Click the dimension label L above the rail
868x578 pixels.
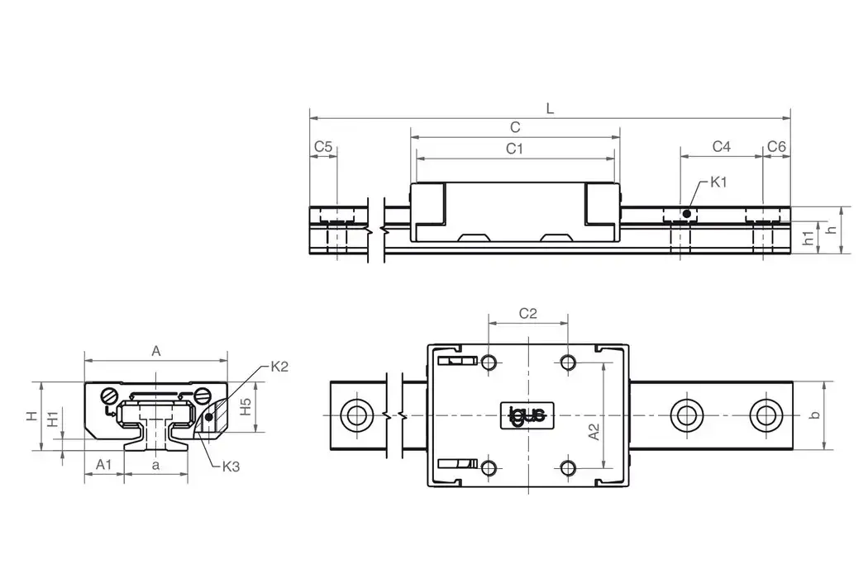(551, 107)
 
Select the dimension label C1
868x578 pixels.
(515, 148)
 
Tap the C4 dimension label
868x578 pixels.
(721, 146)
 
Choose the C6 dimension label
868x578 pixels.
(776, 146)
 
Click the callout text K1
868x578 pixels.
(718, 182)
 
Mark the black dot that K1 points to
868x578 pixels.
(686, 214)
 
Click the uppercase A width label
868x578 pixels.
(155, 350)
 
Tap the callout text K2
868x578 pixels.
(279, 367)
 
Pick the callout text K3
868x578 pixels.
(231, 467)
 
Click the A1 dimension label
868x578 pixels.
(103, 465)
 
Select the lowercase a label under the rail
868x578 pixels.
(155, 465)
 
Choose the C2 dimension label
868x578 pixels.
(527, 313)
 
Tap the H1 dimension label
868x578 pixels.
(52, 419)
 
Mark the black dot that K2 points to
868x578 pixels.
(208, 417)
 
